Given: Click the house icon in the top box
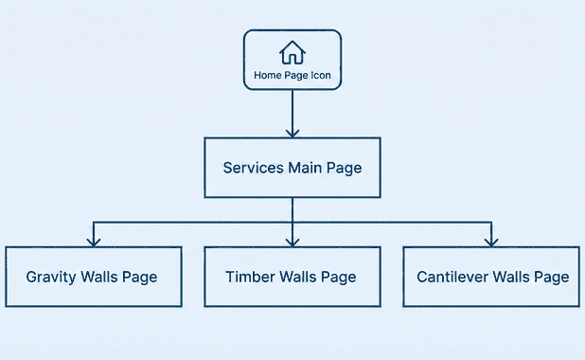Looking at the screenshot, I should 292,52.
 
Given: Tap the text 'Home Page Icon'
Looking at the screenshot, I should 292,76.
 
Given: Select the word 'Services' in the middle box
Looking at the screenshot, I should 253,168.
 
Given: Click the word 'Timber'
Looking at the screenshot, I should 248,278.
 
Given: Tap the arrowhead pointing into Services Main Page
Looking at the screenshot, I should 292,132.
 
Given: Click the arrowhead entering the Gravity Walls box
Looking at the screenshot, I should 93,242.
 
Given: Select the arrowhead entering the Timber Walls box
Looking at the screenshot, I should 292,242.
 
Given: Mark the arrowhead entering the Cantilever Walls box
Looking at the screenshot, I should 491,242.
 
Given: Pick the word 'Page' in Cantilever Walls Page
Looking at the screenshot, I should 552,278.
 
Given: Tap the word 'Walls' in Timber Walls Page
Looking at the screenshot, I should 297,278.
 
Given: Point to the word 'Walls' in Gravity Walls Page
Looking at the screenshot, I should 101,278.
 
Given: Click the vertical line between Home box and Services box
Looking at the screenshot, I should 292,109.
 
